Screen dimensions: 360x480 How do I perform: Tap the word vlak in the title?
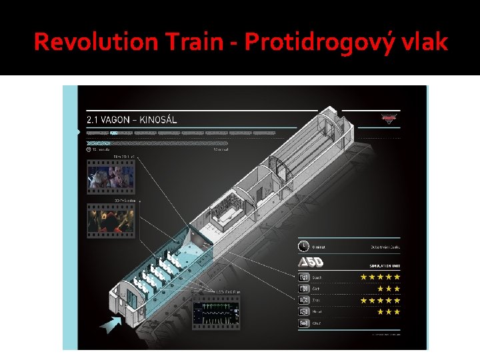[x=424, y=42]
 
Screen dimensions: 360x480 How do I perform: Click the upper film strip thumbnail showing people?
[x=111, y=178]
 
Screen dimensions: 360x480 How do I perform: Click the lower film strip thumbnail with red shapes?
[x=111, y=221]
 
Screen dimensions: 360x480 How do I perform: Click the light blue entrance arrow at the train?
[x=110, y=323]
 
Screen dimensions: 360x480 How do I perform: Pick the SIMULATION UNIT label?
[x=385, y=265]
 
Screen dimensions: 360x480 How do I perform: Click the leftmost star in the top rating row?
[x=363, y=277]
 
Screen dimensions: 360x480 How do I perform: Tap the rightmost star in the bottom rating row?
[x=397, y=311]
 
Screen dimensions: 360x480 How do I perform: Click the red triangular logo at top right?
[x=388, y=119]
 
